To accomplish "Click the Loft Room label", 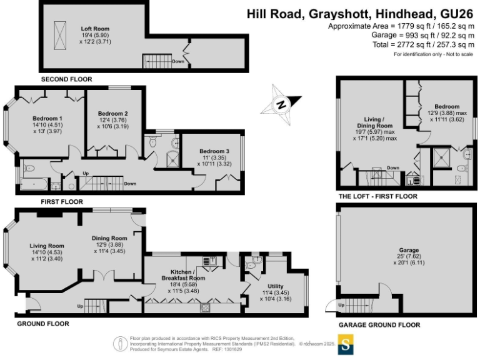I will [x=95, y=29].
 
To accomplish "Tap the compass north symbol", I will [x=281, y=104].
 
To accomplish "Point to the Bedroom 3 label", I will [x=214, y=151].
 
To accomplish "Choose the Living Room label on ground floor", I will [x=47, y=246].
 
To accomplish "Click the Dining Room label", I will [x=109, y=238].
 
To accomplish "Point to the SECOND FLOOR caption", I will [x=66, y=80].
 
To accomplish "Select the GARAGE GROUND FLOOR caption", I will [x=379, y=325].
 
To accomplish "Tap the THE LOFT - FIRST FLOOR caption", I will [x=377, y=196].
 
